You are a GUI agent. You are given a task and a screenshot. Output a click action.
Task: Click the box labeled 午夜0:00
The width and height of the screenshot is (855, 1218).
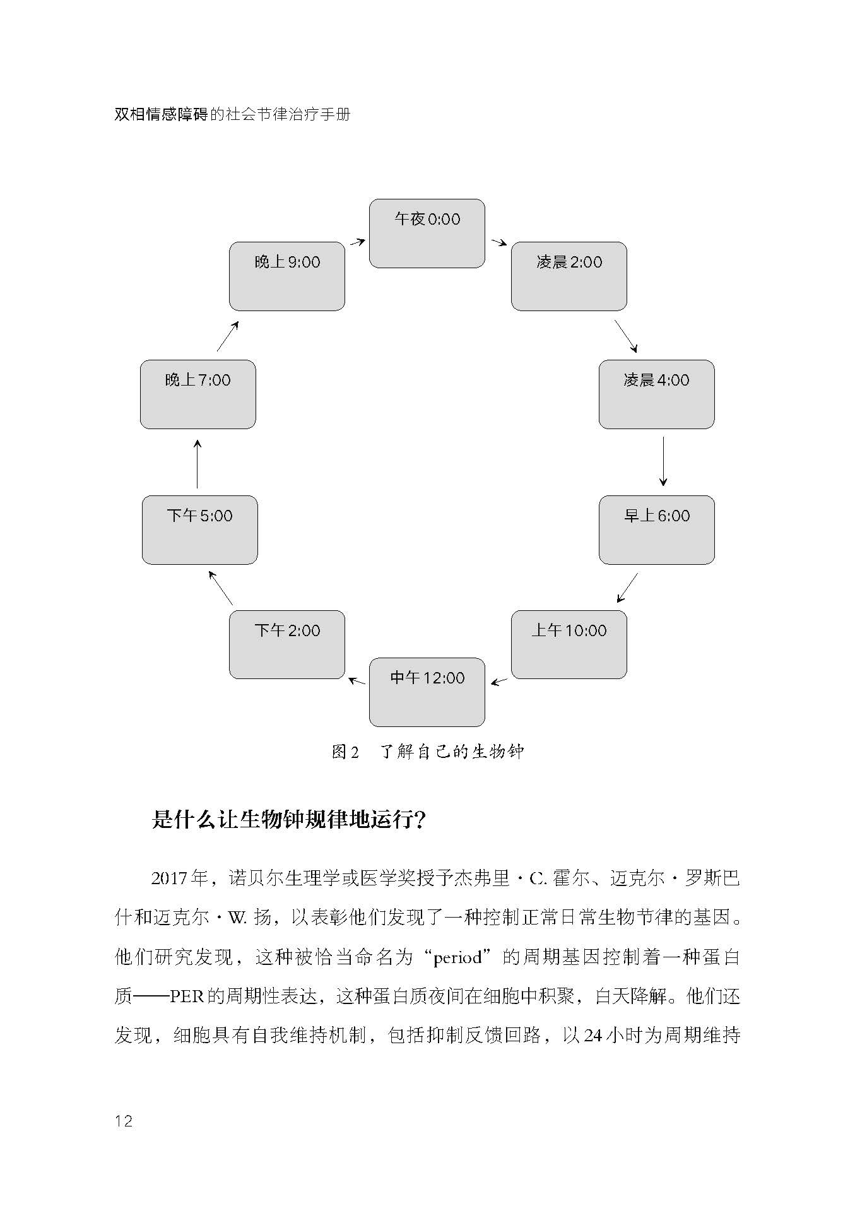coord(427,234)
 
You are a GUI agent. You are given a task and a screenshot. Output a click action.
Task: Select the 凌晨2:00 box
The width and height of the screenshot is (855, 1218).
coord(569,276)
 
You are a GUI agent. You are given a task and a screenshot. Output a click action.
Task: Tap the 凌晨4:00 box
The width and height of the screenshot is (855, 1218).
coord(656,394)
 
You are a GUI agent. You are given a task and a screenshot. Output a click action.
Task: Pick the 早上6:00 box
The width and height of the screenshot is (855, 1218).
coord(656,529)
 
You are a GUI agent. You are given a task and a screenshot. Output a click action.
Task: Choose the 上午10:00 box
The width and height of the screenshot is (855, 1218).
coord(569,644)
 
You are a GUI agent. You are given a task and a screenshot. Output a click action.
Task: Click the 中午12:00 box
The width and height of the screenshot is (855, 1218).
coord(427,692)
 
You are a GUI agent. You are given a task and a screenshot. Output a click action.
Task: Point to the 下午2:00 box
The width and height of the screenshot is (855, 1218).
coord(286,644)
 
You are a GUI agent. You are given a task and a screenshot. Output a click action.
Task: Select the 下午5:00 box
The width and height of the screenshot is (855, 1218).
coord(199,529)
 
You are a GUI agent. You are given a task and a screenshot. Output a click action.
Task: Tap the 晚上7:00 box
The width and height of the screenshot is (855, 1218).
coord(198,394)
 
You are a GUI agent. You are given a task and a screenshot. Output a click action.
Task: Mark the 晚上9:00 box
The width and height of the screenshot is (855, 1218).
coord(286,276)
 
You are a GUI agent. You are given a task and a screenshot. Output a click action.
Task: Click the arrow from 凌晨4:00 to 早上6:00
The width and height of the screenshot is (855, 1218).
coord(663,461)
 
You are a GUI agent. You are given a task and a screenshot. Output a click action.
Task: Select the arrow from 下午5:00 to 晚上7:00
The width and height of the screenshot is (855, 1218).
coord(198,464)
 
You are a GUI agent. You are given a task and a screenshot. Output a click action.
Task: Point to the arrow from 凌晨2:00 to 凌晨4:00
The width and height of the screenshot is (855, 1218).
coord(626,336)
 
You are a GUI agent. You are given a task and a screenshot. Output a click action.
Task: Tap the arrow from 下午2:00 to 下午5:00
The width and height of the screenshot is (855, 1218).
coord(221,588)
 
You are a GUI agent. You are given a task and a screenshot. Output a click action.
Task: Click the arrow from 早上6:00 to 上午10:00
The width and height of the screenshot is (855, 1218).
coord(627,588)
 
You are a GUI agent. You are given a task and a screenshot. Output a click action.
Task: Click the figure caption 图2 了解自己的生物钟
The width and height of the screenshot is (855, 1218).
coord(428,752)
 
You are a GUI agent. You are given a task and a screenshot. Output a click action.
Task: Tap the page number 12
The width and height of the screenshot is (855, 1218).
coord(124,1121)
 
